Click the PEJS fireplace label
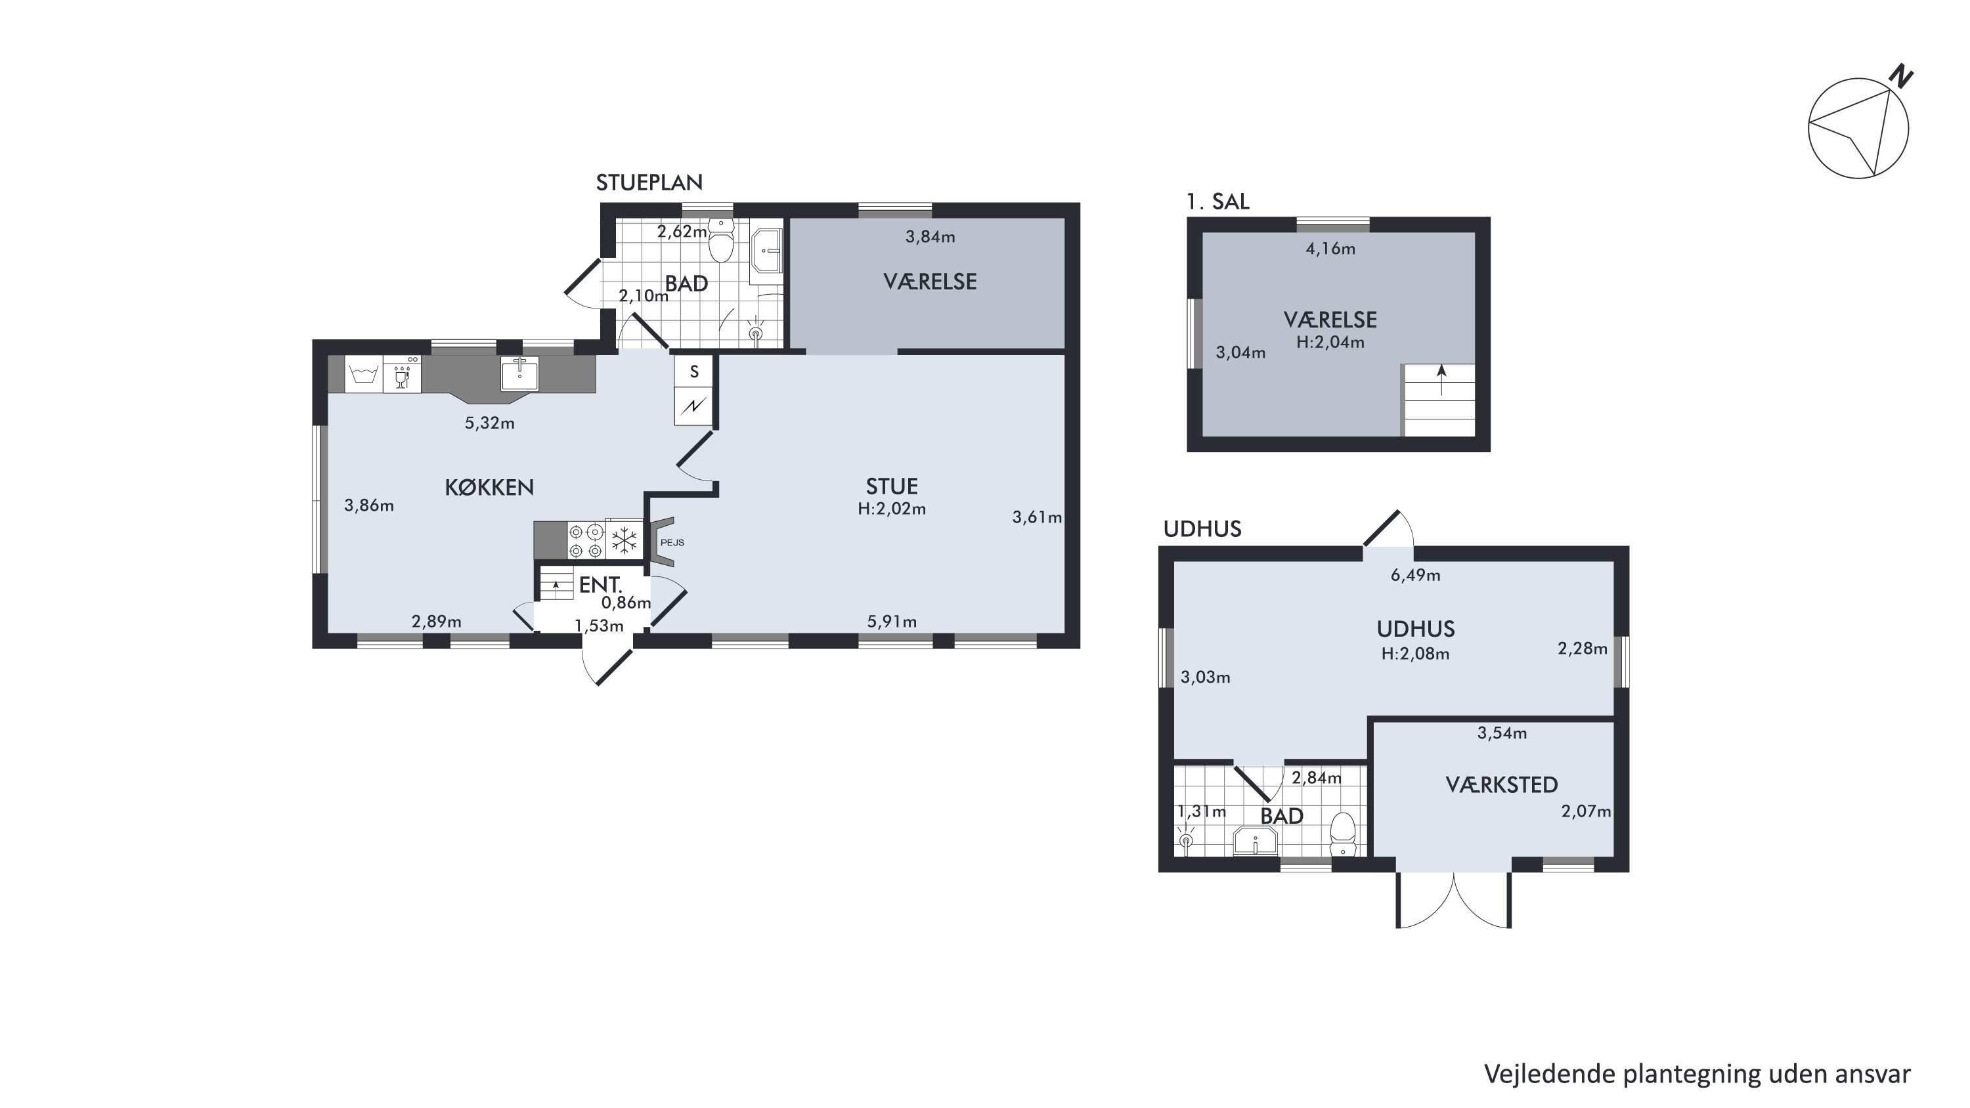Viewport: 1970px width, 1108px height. (672, 543)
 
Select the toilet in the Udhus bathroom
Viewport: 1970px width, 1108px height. (1343, 835)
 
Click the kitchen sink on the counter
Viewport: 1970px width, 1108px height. (519, 374)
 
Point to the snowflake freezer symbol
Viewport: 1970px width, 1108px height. (624, 540)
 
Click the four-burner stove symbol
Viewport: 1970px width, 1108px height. (586, 540)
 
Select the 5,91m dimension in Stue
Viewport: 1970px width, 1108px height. (892, 622)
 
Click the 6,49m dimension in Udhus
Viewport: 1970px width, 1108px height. (1416, 576)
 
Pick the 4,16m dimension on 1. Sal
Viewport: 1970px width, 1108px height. (1330, 249)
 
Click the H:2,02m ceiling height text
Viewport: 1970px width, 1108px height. (892, 509)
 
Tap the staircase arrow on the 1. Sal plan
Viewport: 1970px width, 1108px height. (1441, 380)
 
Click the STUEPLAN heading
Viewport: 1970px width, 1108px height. (649, 182)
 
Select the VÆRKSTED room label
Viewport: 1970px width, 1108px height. (1502, 784)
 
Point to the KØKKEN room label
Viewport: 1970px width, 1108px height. (489, 487)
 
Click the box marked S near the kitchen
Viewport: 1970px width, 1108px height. (694, 372)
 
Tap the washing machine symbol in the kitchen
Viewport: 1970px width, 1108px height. (364, 375)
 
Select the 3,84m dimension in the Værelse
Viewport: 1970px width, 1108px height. (930, 237)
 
